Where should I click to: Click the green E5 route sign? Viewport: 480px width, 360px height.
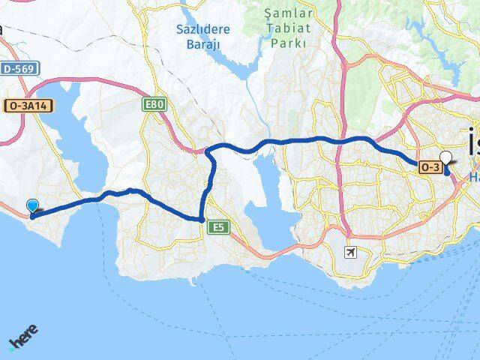pyautogui.click(x=218, y=226)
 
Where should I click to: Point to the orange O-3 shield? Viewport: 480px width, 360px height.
pyautogui.click(x=429, y=166)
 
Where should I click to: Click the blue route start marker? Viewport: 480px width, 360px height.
pyautogui.click(x=32, y=206)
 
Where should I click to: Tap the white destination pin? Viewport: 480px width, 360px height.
pyautogui.click(x=446, y=159)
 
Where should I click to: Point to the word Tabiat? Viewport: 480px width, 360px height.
pyautogui.click(x=286, y=28)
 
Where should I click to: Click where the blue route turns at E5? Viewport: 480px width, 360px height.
pyautogui.click(x=202, y=218)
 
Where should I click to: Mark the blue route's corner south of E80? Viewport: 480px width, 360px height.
pyautogui.click(x=208, y=152)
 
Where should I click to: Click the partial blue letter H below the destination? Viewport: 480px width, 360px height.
pyautogui.click(x=474, y=176)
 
